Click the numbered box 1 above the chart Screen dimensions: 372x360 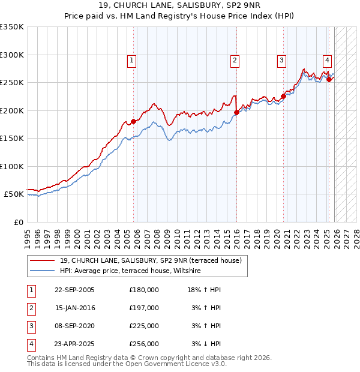(131, 60)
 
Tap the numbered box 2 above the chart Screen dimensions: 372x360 (235, 60)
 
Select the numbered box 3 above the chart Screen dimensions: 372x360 (281, 60)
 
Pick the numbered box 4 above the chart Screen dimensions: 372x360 (327, 60)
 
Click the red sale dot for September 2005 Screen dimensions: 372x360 (134, 122)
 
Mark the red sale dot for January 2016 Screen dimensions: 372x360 (236, 112)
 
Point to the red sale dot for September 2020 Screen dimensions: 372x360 (283, 97)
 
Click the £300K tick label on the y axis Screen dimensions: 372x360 (12, 55)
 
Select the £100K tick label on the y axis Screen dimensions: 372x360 (12, 166)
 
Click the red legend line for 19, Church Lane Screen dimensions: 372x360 (42, 260)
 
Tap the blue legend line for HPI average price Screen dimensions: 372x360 (42, 271)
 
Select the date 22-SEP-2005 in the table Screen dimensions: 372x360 (74, 290)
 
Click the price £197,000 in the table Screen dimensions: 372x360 (144, 308)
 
